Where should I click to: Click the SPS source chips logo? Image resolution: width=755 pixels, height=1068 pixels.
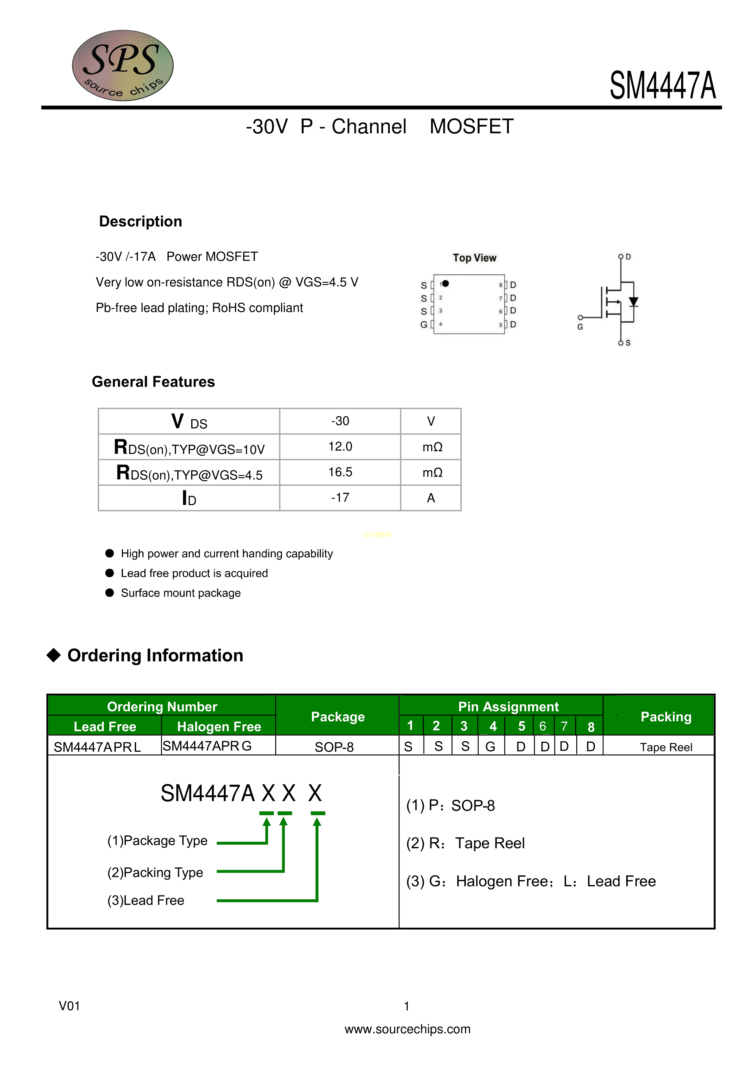pyautogui.click(x=123, y=65)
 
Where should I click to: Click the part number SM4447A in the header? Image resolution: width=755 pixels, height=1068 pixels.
pyautogui.click(x=662, y=86)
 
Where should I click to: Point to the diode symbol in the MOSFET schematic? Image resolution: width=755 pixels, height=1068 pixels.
pyautogui.click(x=633, y=301)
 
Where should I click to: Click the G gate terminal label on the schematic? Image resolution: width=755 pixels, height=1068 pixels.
pyautogui.click(x=580, y=327)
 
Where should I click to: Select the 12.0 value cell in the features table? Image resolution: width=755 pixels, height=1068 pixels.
pyautogui.click(x=340, y=446)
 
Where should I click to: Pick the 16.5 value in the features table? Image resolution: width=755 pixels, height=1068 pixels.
pyautogui.click(x=340, y=472)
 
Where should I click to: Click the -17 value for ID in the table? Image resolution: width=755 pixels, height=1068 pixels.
pyautogui.click(x=340, y=498)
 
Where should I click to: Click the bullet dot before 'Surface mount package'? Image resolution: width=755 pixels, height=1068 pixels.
pyautogui.click(x=110, y=593)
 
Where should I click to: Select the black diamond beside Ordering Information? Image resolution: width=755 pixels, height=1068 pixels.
pyautogui.click(x=54, y=655)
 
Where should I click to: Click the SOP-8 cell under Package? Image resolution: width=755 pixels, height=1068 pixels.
pyautogui.click(x=334, y=747)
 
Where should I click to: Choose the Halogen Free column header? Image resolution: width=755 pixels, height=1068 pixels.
pyautogui.click(x=219, y=727)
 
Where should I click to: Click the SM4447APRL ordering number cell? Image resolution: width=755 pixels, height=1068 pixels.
pyautogui.click(x=97, y=747)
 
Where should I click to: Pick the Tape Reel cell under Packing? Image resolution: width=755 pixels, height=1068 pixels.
pyautogui.click(x=666, y=747)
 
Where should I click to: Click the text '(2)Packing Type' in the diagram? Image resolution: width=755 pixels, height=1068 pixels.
pyautogui.click(x=155, y=872)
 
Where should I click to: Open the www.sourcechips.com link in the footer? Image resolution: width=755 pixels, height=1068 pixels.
pyautogui.click(x=408, y=1029)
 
